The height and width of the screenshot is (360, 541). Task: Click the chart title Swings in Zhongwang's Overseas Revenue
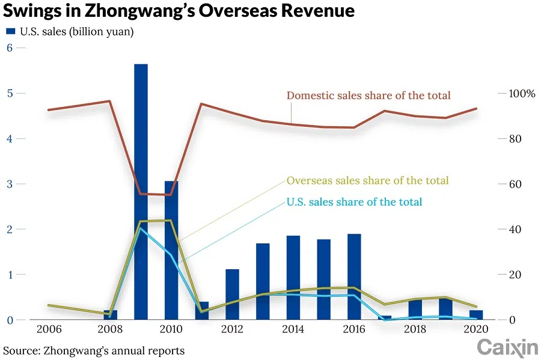tap(179, 11)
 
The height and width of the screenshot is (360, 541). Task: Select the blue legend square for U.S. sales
tap(11, 32)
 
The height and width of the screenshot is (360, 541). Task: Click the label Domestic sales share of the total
tap(368, 96)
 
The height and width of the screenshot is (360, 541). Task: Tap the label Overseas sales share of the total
tap(367, 180)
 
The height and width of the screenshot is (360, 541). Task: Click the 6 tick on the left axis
tap(9, 48)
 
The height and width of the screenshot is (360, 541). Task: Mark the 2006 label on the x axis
tap(49, 329)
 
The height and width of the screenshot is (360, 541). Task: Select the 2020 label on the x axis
tap(476, 329)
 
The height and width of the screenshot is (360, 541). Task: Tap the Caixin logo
tap(507, 347)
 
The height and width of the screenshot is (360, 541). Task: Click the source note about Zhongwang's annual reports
tap(94, 350)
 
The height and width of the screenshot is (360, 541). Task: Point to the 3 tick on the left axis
tap(9, 184)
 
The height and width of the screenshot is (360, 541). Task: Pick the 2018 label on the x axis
tap(415, 329)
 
